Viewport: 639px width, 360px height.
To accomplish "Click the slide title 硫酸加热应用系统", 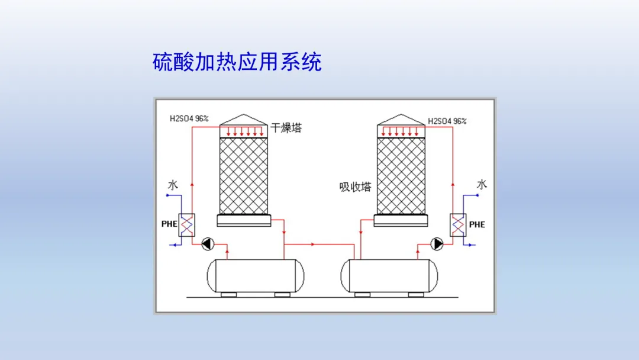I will pos(237,62).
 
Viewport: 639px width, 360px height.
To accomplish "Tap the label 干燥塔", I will pos(286,128).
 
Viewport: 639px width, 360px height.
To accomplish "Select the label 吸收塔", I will pos(355,187).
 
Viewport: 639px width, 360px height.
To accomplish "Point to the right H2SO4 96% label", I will pos(447,121).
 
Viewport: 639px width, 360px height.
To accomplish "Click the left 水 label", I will pos(172,185).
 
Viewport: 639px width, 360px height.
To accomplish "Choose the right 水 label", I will pos(482,185).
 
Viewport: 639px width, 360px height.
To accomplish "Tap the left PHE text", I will pos(169,225).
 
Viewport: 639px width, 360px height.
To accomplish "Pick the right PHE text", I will pos(477,225).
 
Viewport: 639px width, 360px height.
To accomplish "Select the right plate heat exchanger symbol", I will pos(457,225).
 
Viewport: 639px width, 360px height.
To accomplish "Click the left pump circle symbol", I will pos(208,243).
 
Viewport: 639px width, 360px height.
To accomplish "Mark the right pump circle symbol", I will pos(437,243).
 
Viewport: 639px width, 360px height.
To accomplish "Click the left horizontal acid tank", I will pos(256,276).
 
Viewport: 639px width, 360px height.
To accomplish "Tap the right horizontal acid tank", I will pos(391,276).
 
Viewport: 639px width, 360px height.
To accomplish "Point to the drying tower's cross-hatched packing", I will pos(244,175).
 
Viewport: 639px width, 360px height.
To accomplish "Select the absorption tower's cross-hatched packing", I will pos(401,175).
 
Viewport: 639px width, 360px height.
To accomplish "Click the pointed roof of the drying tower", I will pos(244,118).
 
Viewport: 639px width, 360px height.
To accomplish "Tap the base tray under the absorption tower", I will pos(401,220).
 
